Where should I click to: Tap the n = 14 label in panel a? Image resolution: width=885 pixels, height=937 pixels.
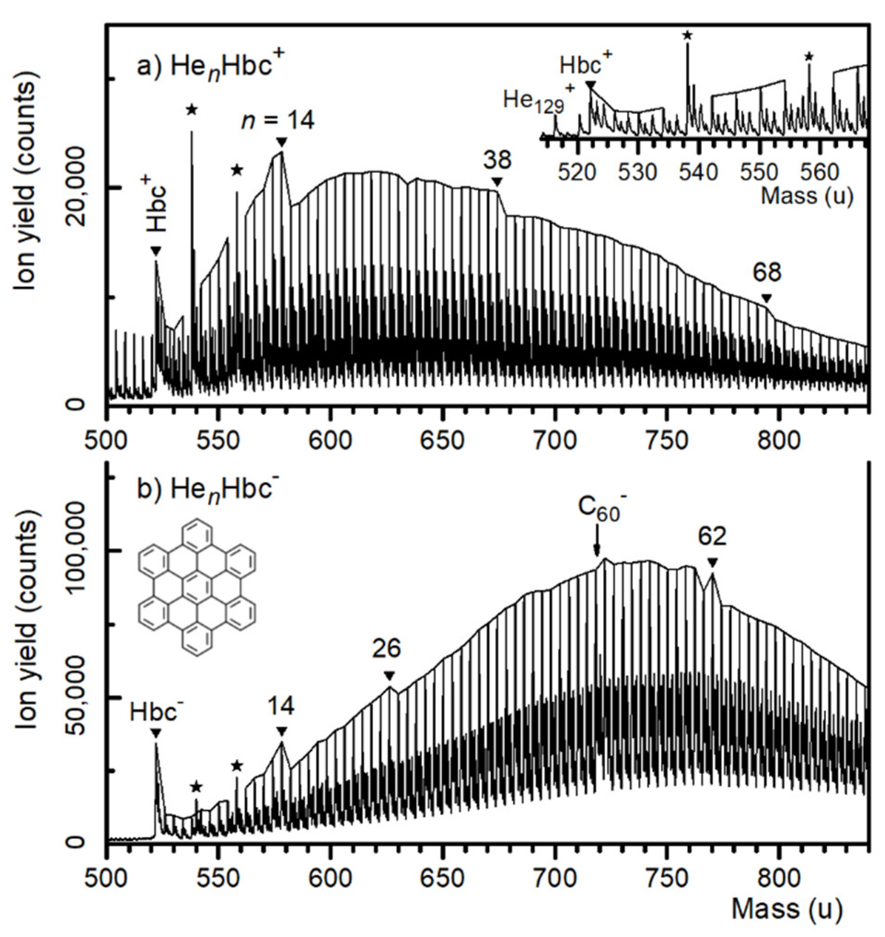click(278, 121)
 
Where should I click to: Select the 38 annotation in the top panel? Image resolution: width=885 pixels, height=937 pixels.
click(497, 161)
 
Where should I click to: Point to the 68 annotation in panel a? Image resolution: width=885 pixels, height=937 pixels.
click(767, 273)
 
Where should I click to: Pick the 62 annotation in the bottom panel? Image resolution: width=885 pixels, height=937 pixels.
click(712, 537)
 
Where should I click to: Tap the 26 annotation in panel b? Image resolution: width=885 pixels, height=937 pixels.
click(387, 649)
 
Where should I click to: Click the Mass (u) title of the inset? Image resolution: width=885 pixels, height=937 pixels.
click(807, 195)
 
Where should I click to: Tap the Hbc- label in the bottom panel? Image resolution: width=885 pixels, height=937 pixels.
click(155, 712)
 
